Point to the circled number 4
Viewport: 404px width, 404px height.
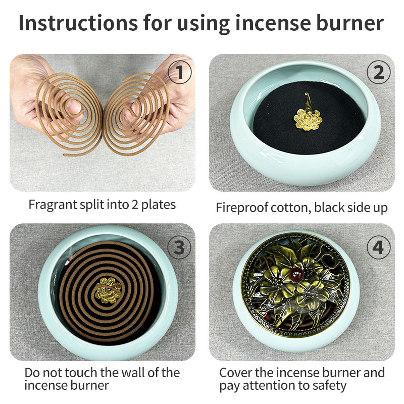(x=378, y=247)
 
